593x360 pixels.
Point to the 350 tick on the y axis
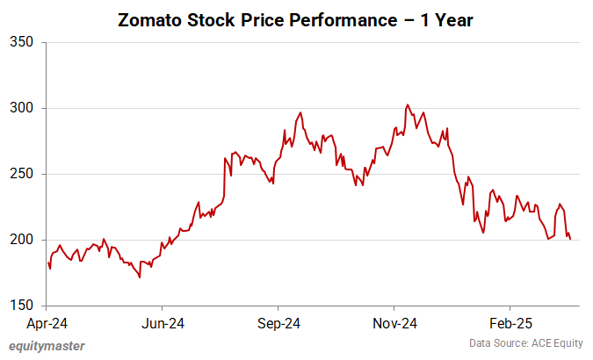tap(21, 42)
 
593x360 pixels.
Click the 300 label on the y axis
tap(21, 108)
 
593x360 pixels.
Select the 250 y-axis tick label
tap(21, 174)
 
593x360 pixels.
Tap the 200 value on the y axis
tap(21, 240)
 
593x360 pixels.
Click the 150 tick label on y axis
tap(21, 306)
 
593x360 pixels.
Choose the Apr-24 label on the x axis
tap(47, 323)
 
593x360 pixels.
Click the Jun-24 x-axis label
tap(163, 323)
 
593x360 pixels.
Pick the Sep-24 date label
tap(278, 323)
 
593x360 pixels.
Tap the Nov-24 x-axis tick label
tap(394, 323)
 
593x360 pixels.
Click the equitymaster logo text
tap(47, 345)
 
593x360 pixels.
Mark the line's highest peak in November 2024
tap(407, 104)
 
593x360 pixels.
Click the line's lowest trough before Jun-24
tap(140, 277)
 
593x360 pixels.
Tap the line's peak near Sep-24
tap(301, 112)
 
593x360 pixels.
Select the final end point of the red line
tap(570, 239)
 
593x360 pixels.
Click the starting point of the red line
tap(48, 262)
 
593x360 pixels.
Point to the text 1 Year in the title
tap(447, 20)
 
